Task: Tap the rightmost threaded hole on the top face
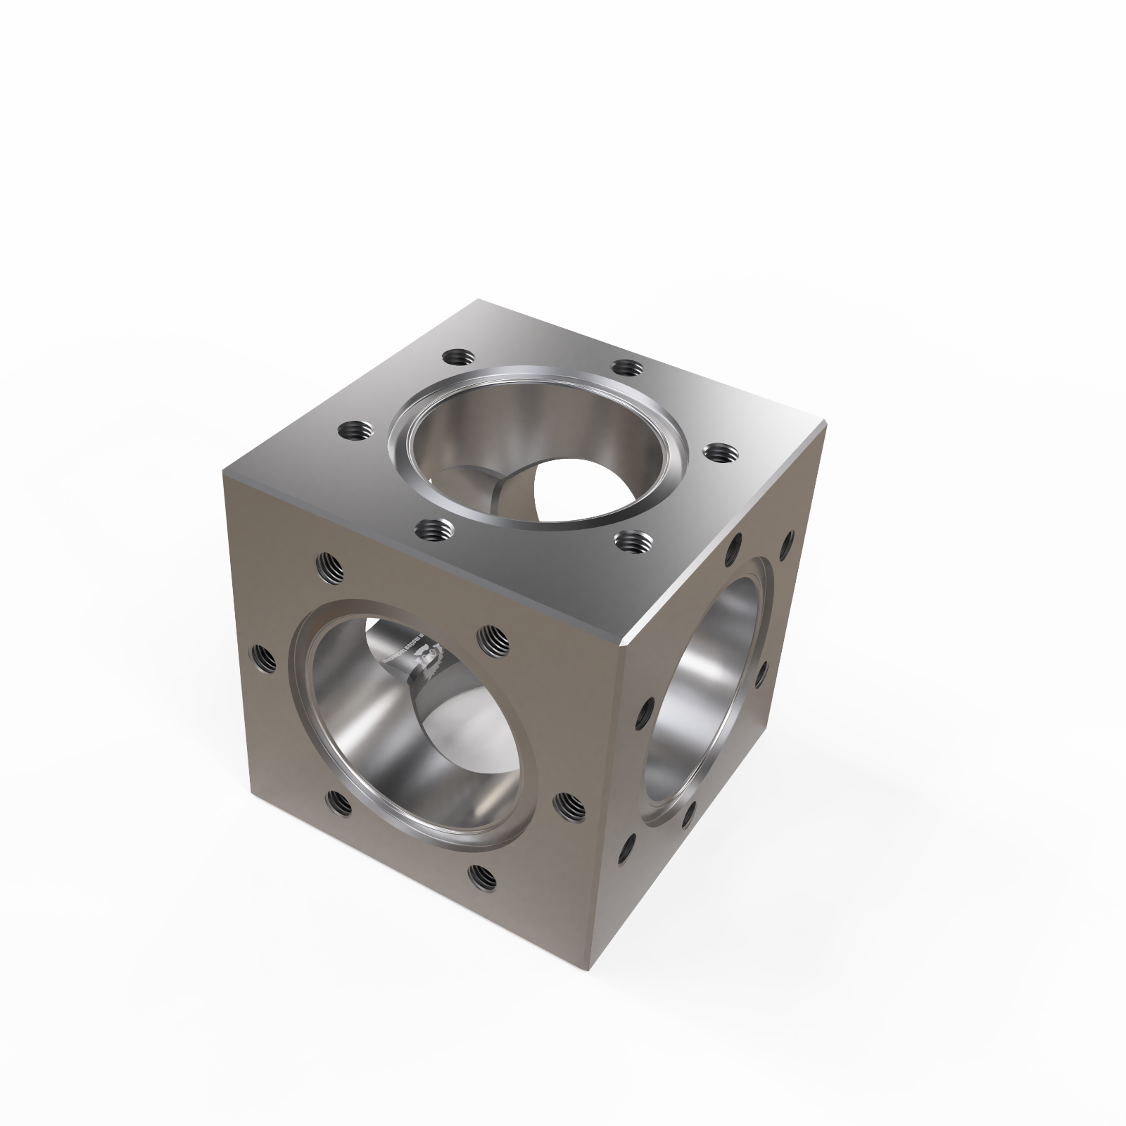coord(718,452)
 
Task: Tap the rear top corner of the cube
coord(479,301)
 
